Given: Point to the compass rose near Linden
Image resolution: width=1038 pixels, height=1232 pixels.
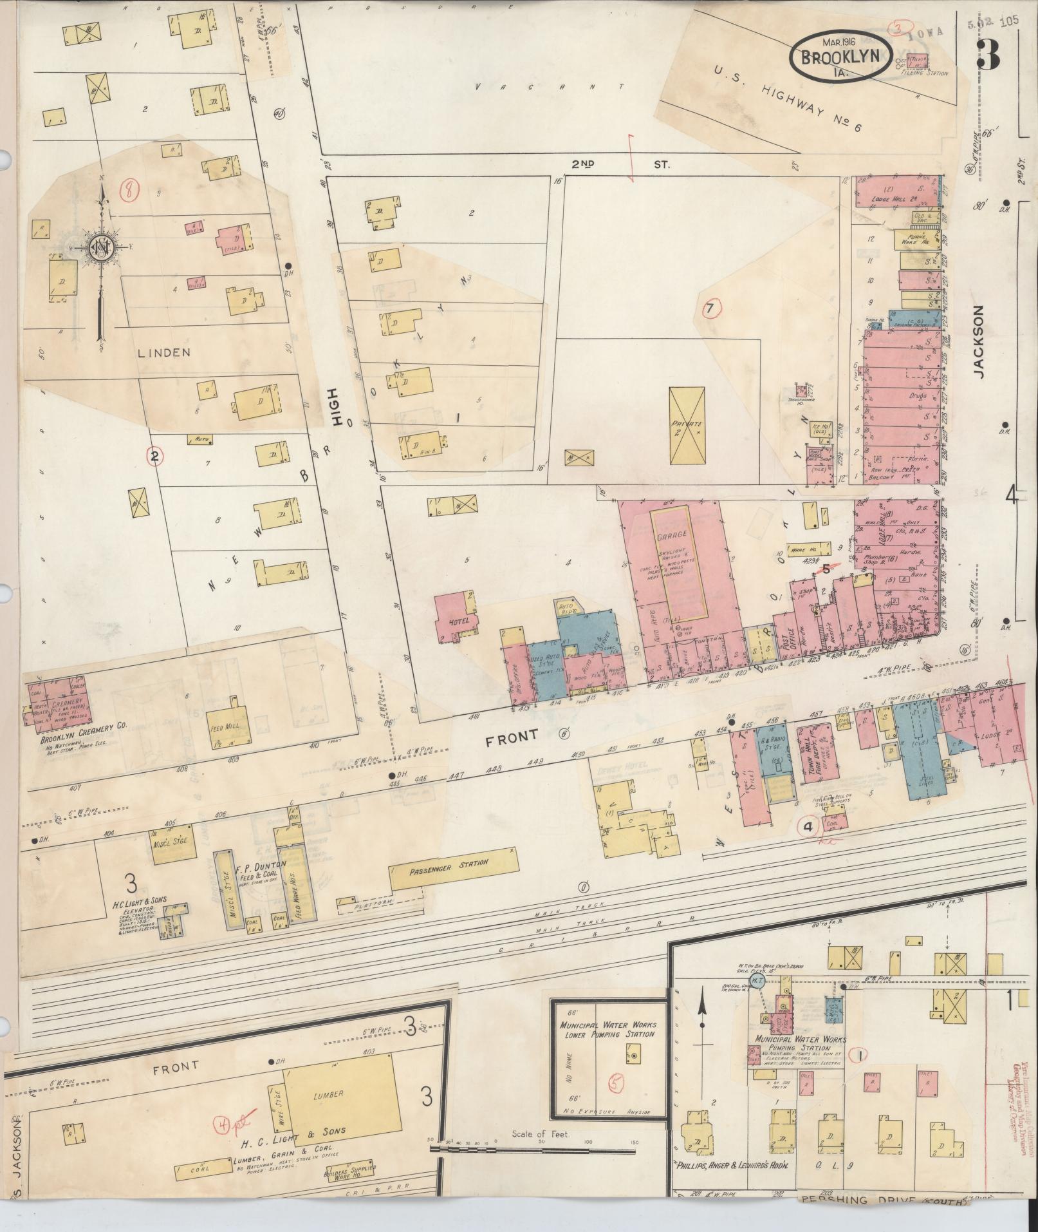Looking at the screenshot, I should [100, 248].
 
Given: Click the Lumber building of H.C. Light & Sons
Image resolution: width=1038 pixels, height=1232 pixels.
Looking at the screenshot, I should [338, 1094].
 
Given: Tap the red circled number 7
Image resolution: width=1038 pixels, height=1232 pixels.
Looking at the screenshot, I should [709, 309].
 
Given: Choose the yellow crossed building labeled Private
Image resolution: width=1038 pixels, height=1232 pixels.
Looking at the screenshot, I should [687, 425].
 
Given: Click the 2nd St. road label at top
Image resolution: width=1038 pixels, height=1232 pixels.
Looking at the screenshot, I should [621, 165].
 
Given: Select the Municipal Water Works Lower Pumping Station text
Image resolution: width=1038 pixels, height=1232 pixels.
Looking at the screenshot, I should [607, 1030].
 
